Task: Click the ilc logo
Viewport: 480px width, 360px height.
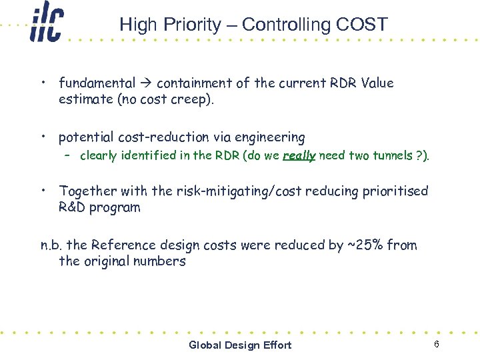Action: (46, 25)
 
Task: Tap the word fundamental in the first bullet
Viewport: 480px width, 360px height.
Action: (97, 83)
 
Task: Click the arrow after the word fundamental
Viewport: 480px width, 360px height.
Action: (146, 83)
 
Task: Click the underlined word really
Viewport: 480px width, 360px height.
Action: (299, 156)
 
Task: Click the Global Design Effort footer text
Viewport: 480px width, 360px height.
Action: (240, 345)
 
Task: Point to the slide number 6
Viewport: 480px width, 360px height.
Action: (436, 344)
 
